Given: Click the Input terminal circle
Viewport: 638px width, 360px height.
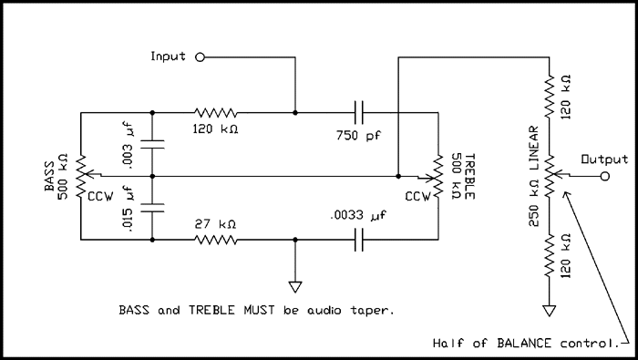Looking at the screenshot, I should [x=200, y=57].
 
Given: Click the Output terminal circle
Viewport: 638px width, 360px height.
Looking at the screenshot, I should [x=603, y=176].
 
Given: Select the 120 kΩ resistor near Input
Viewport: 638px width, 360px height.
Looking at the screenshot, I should [x=216, y=113].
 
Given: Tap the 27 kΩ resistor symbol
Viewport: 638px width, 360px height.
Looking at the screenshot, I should [x=216, y=241].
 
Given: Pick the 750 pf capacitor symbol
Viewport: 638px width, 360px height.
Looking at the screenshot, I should [x=361, y=113].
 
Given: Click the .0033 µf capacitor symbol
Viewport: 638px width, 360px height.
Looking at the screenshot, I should [x=361, y=241].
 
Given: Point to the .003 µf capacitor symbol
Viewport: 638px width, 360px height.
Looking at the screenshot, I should [x=151, y=144].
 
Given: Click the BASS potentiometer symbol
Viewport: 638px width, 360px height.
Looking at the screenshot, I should [x=80, y=177].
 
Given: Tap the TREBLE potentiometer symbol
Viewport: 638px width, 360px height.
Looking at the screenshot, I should [x=438, y=177].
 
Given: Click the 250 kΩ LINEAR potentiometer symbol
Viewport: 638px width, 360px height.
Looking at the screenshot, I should [x=549, y=177].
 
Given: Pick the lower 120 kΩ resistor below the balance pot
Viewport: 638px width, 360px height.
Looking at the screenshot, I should [x=549, y=259].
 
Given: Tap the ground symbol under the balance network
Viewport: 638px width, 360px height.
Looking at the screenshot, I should [x=549, y=311].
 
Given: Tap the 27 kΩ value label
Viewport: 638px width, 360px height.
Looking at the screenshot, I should [x=216, y=223].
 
